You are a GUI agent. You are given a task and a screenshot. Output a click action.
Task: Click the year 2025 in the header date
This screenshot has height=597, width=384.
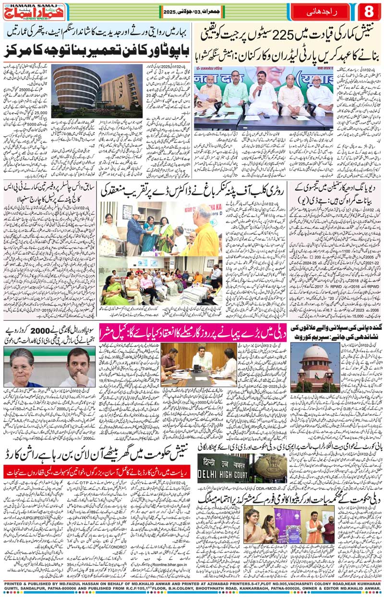coord(170,11)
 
